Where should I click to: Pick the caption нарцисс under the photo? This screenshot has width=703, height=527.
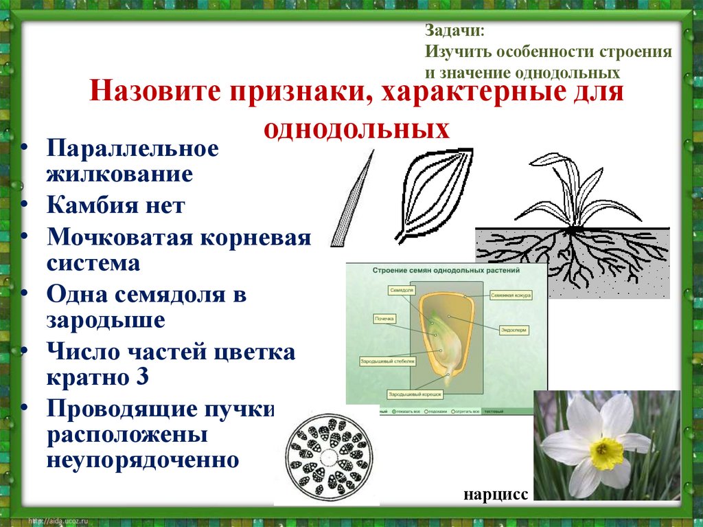[496, 495]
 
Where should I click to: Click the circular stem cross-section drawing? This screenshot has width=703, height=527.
[330, 456]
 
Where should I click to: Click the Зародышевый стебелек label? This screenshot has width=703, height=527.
[388, 359]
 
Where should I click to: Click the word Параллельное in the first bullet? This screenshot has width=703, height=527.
[132, 148]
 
